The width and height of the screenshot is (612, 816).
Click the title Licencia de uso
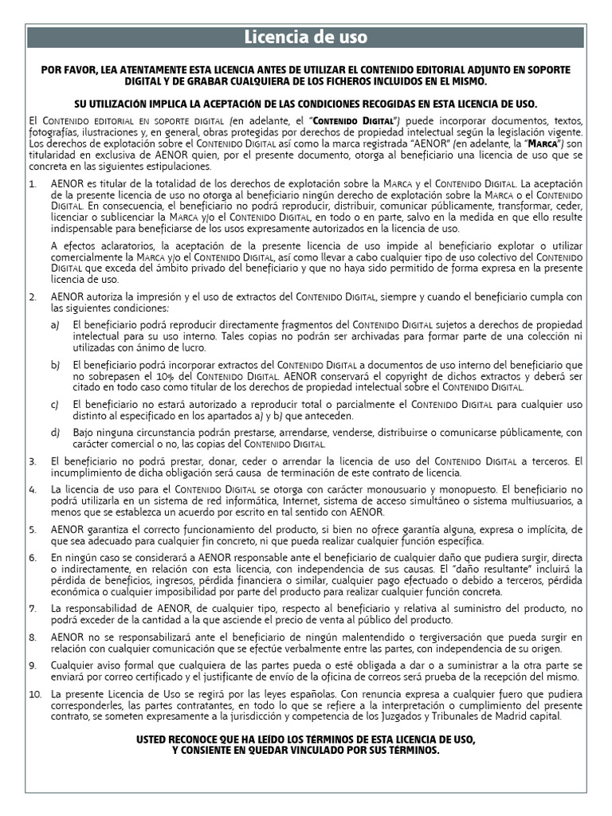click(x=305, y=37)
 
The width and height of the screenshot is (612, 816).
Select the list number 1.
click(x=32, y=184)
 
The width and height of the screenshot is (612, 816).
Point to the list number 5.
click(x=32, y=528)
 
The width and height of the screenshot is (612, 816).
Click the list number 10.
click(x=34, y=694)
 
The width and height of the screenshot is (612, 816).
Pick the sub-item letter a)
click(x=55, y=325)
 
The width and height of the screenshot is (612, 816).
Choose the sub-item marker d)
click(x=55, y=432)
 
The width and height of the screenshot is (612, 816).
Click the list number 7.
click(x=32, y=609)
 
